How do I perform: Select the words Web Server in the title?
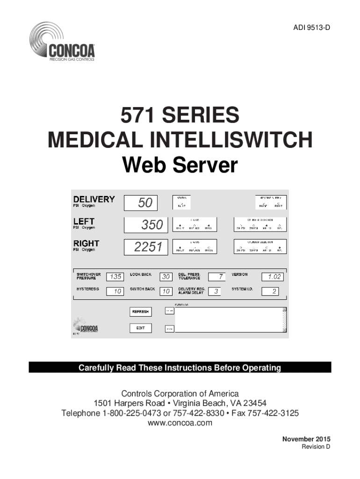180,165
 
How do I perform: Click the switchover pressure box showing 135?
115,276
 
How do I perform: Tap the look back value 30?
166,276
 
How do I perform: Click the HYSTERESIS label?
87,290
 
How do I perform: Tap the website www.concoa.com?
180,423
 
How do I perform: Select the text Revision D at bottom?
315,447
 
